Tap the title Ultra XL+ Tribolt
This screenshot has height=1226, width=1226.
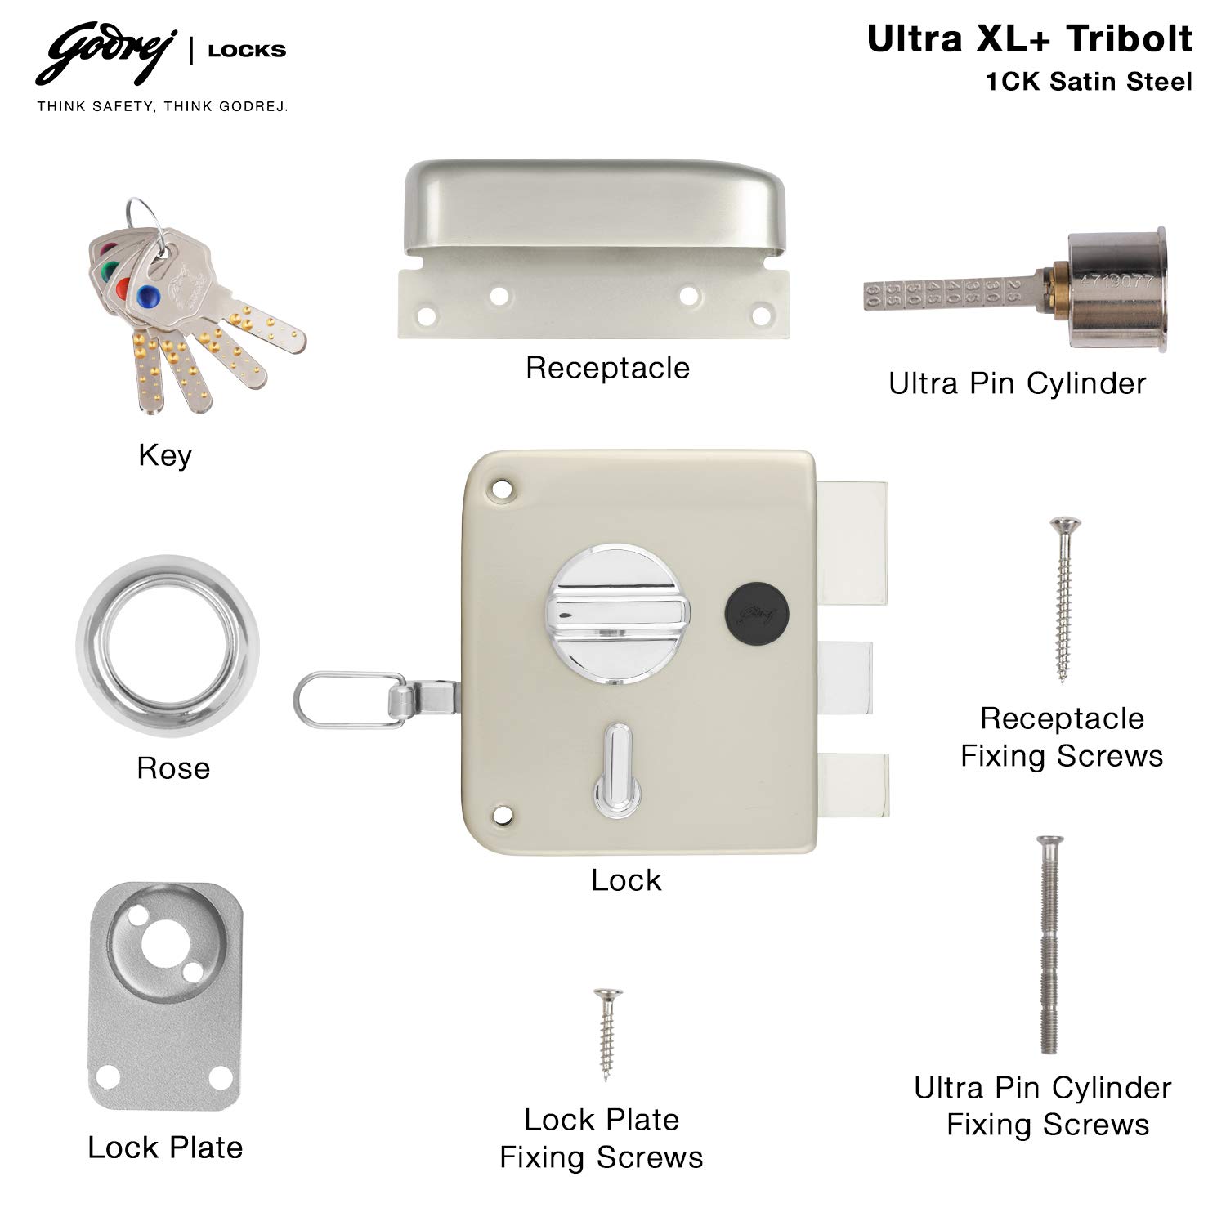tap(1030, 39)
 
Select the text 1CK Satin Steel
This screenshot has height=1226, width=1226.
tap(1090, 82)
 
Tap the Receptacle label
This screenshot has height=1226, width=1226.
tap(607, 368)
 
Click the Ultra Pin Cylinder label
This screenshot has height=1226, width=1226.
tap(1018, 383)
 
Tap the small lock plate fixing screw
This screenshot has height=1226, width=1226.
tap(606, 1035)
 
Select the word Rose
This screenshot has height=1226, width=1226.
tap(173, 768)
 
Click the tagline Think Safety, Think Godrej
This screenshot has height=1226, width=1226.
tap(162, 106)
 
